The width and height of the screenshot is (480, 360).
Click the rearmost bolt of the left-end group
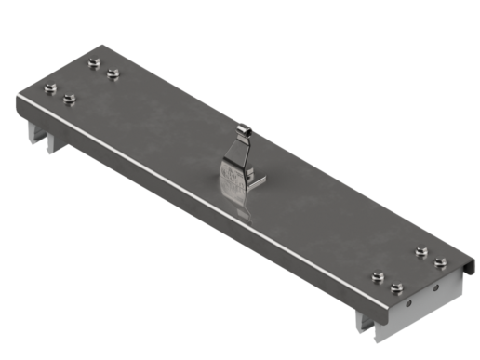(93, 63)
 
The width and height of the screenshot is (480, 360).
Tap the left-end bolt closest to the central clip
(113, 73)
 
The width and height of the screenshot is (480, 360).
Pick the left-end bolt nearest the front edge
(70, 98)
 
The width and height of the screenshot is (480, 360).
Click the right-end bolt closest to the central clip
(377, 276)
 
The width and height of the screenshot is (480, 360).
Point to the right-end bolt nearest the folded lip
(441, 263)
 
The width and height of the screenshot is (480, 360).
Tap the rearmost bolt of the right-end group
(421, 252)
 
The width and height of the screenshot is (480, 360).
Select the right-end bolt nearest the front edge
(397, 287)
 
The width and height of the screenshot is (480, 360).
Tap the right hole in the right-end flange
(435, 288)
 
